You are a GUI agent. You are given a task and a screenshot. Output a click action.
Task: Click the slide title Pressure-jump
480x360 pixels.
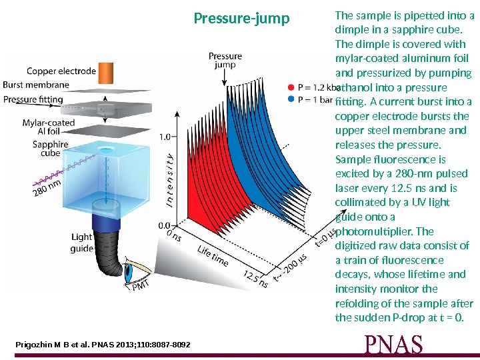coord(242,18)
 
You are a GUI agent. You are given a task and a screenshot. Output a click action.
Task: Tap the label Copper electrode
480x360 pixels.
coord(62,71)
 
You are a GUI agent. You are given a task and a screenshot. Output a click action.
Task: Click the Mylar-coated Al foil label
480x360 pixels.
coord(49,127)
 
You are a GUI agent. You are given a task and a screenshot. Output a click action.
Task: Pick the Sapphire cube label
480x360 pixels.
coord(51,148)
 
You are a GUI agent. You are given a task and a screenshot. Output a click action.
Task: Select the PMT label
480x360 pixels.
coord(141,287)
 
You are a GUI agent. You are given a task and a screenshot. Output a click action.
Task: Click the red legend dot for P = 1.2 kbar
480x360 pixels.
coord(290,87)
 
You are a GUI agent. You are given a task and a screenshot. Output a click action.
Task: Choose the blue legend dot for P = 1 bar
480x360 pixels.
coord(290,99)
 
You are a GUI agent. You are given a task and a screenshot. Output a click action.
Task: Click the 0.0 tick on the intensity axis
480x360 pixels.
coord(165,225)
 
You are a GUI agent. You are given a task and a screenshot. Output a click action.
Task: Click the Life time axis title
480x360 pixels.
coord(213,256)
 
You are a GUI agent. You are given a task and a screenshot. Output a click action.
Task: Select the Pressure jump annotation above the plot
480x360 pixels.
coord(225,61)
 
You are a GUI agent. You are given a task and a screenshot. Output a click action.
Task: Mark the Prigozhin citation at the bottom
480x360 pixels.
coord(103,345)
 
